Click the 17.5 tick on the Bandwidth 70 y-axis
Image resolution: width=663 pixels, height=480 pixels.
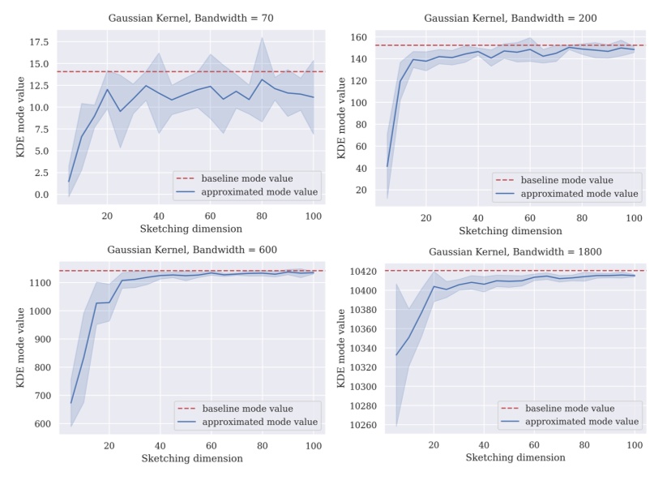point(37,41)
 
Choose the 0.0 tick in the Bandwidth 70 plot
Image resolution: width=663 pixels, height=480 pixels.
point(41,195)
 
